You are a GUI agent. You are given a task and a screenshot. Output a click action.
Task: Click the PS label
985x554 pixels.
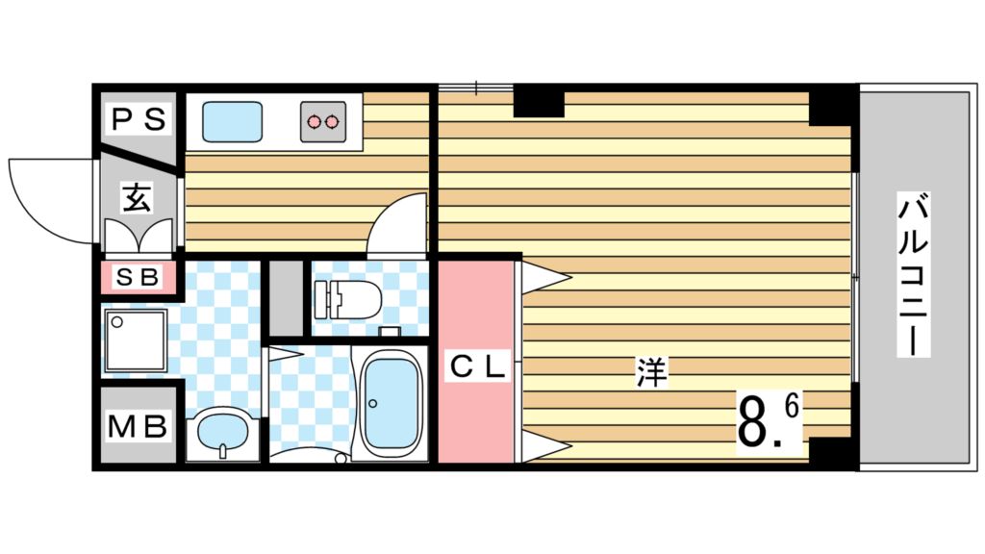(x=140, y=120)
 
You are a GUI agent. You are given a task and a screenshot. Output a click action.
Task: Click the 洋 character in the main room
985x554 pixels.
(x=651, y=372)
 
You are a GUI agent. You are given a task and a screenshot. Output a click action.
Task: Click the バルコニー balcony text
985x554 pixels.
(x=915, y=275)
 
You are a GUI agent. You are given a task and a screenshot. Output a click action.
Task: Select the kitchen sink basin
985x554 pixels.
(x=232, y=121)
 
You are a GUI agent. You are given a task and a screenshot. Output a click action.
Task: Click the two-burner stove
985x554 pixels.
(x=321, y=121)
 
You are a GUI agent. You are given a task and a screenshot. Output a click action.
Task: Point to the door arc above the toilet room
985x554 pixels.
(x=397, y=223)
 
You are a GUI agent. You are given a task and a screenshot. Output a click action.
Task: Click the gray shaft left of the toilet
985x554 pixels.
(x=285, y=297)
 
